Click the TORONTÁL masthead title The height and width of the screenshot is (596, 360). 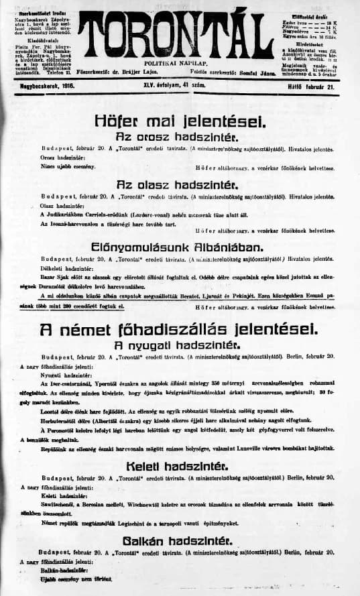click(180, 34)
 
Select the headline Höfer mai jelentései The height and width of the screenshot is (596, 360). click(180, 122)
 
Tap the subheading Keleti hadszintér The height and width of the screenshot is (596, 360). click(180, 466)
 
